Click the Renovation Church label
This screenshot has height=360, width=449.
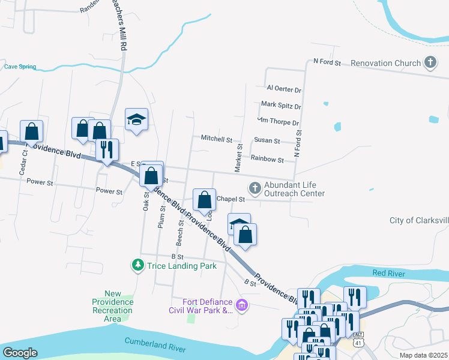(x=385, y=63)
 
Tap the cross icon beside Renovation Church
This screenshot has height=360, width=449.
(x=430, y=62)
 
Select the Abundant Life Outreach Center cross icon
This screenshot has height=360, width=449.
(x=255, y=188)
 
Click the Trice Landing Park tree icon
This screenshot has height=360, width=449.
(x=138, y=265)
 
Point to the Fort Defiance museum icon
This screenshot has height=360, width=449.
(x=242, y=306)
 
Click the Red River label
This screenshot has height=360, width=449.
(x=389, y=273)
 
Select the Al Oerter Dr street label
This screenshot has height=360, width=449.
(x=284, y=89)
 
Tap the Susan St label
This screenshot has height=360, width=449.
(x=267, y=141)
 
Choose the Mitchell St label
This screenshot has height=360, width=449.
(x=216, y=139)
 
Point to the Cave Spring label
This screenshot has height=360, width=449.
(x=20, y=67)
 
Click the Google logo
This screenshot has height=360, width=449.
(x=20, y=353)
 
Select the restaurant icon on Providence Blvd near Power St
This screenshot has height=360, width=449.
(x=107, y=150)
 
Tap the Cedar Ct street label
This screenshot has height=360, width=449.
(x=25, y=161)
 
